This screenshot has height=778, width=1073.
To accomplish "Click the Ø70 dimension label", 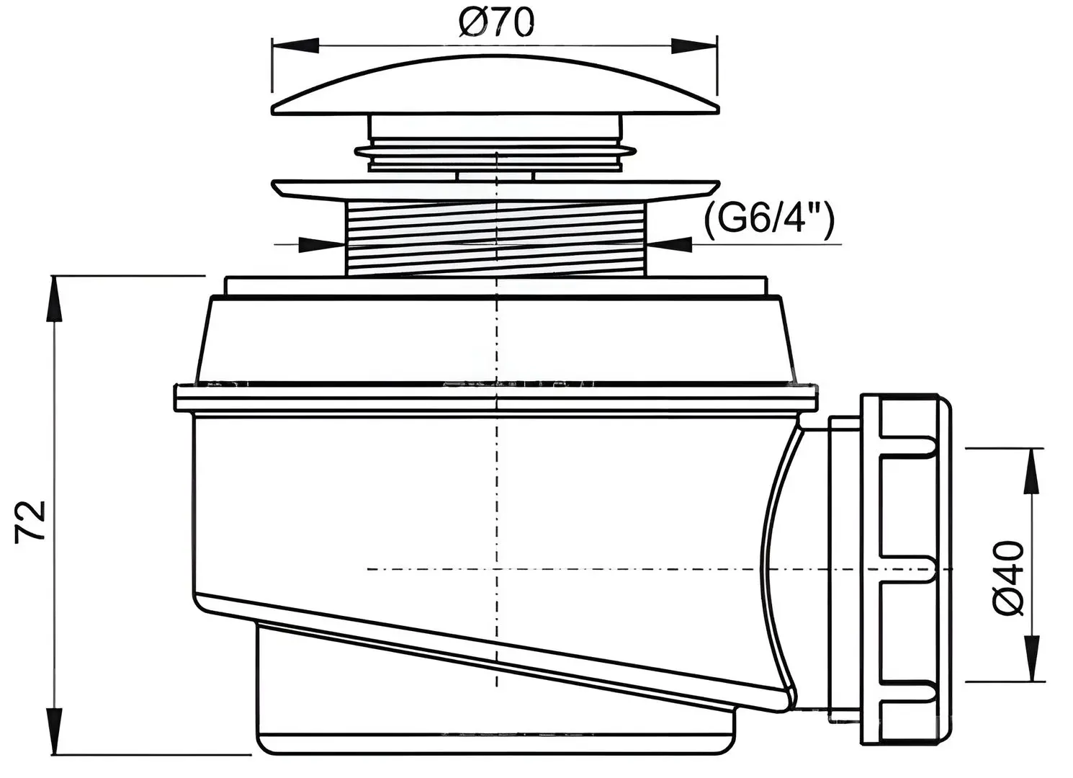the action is pos(495,23).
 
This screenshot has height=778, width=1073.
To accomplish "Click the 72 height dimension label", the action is pos(30,522).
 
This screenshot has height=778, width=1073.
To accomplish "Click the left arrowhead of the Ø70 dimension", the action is pos(295,46).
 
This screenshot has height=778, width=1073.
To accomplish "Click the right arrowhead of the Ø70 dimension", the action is pos(694,47).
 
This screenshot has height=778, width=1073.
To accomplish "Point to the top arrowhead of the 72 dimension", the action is pos(55,300).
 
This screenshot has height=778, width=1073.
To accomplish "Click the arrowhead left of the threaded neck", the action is pos(321,245).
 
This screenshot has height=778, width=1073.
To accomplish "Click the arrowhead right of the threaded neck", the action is pos(669,245).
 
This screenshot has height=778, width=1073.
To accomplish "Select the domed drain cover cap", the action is pos(495,86).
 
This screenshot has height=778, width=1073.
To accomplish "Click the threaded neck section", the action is pos(495,238).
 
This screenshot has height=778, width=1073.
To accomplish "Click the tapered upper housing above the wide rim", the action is pos(495,340).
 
